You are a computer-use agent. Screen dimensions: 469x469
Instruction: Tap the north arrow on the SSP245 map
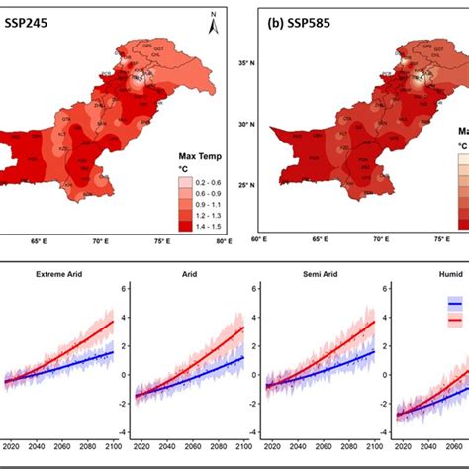pos(214,22)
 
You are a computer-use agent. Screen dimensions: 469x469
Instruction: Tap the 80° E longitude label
pos(224,240)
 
